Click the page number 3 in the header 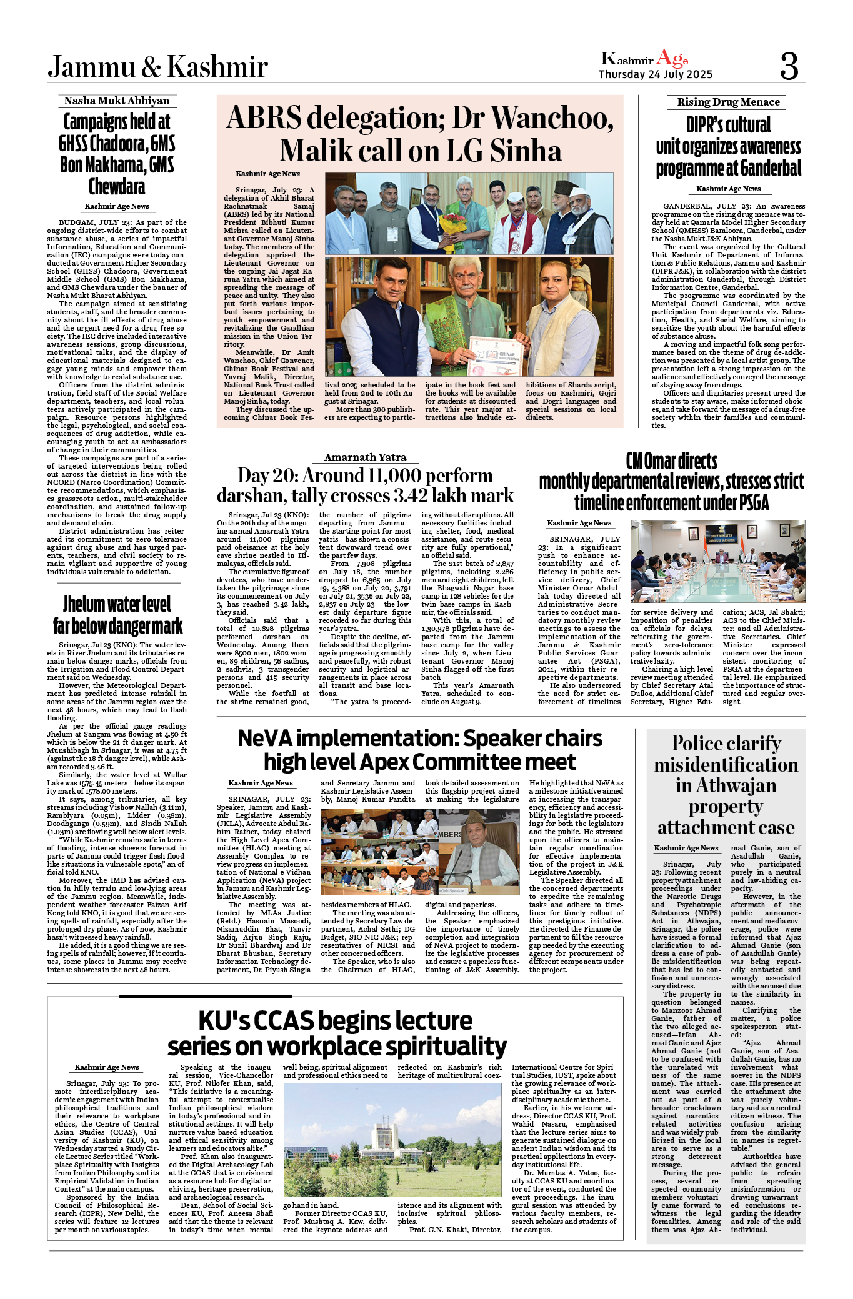789,66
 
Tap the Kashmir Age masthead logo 644,59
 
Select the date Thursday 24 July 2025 655,74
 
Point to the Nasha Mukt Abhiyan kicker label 117,101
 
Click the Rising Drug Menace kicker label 728,102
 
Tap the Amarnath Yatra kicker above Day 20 365,457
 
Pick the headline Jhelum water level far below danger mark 117,615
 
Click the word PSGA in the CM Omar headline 749,503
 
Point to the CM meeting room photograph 717,560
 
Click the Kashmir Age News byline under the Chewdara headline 117,206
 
